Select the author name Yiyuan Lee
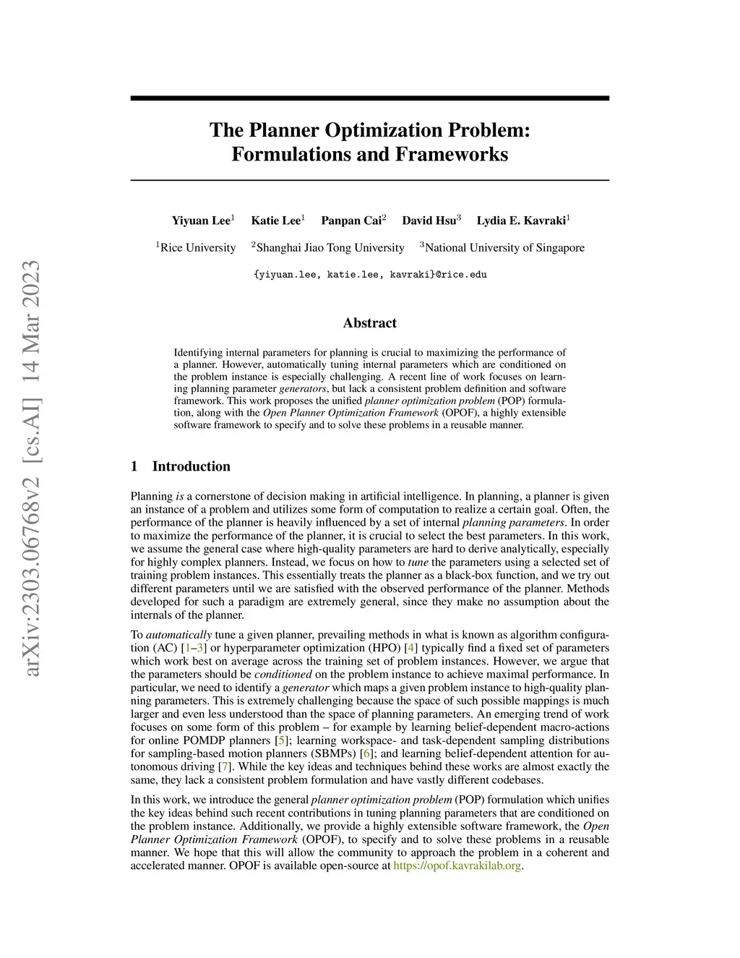pos(201,221)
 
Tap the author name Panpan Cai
pos(351,221)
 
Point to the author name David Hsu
pos(429,221)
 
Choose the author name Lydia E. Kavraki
pos(521,221)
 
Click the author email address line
pos(370,275)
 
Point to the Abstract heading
pos(370,323)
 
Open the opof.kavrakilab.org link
pos(457,865)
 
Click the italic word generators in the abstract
pos(303,388)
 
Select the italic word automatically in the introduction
pos(178,635)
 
